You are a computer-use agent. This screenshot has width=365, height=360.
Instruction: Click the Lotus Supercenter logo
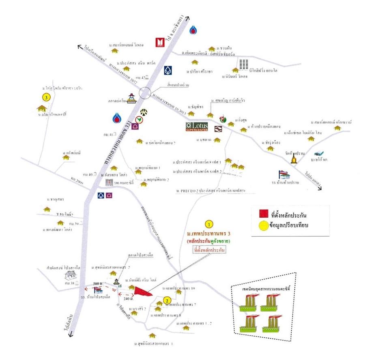(x=197, y=127)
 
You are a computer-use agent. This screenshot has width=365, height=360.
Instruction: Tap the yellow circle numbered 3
(x=47, y=97)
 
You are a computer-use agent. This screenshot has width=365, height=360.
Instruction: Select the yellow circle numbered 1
(x=209, y=224)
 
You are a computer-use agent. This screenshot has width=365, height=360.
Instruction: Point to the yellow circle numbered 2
(x=166, y=300)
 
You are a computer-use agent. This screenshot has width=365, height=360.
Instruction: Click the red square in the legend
(x=264, y=213)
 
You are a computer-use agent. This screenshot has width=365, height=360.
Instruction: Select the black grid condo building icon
(x=243, y=65)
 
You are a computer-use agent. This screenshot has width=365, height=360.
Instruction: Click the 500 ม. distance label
(x=97, y=283)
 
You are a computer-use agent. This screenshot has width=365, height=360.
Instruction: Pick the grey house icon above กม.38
(x=69, y=275)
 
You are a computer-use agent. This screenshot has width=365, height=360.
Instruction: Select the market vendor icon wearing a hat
(x=131, y=98)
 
